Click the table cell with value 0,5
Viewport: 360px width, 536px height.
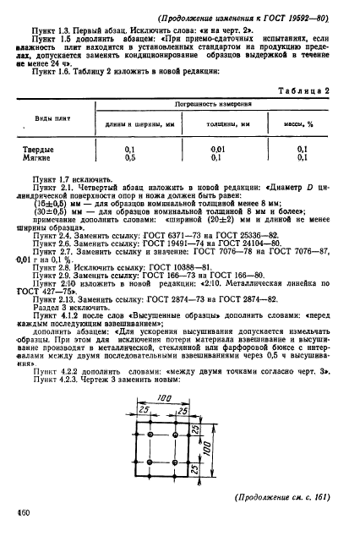coord(129,157)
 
